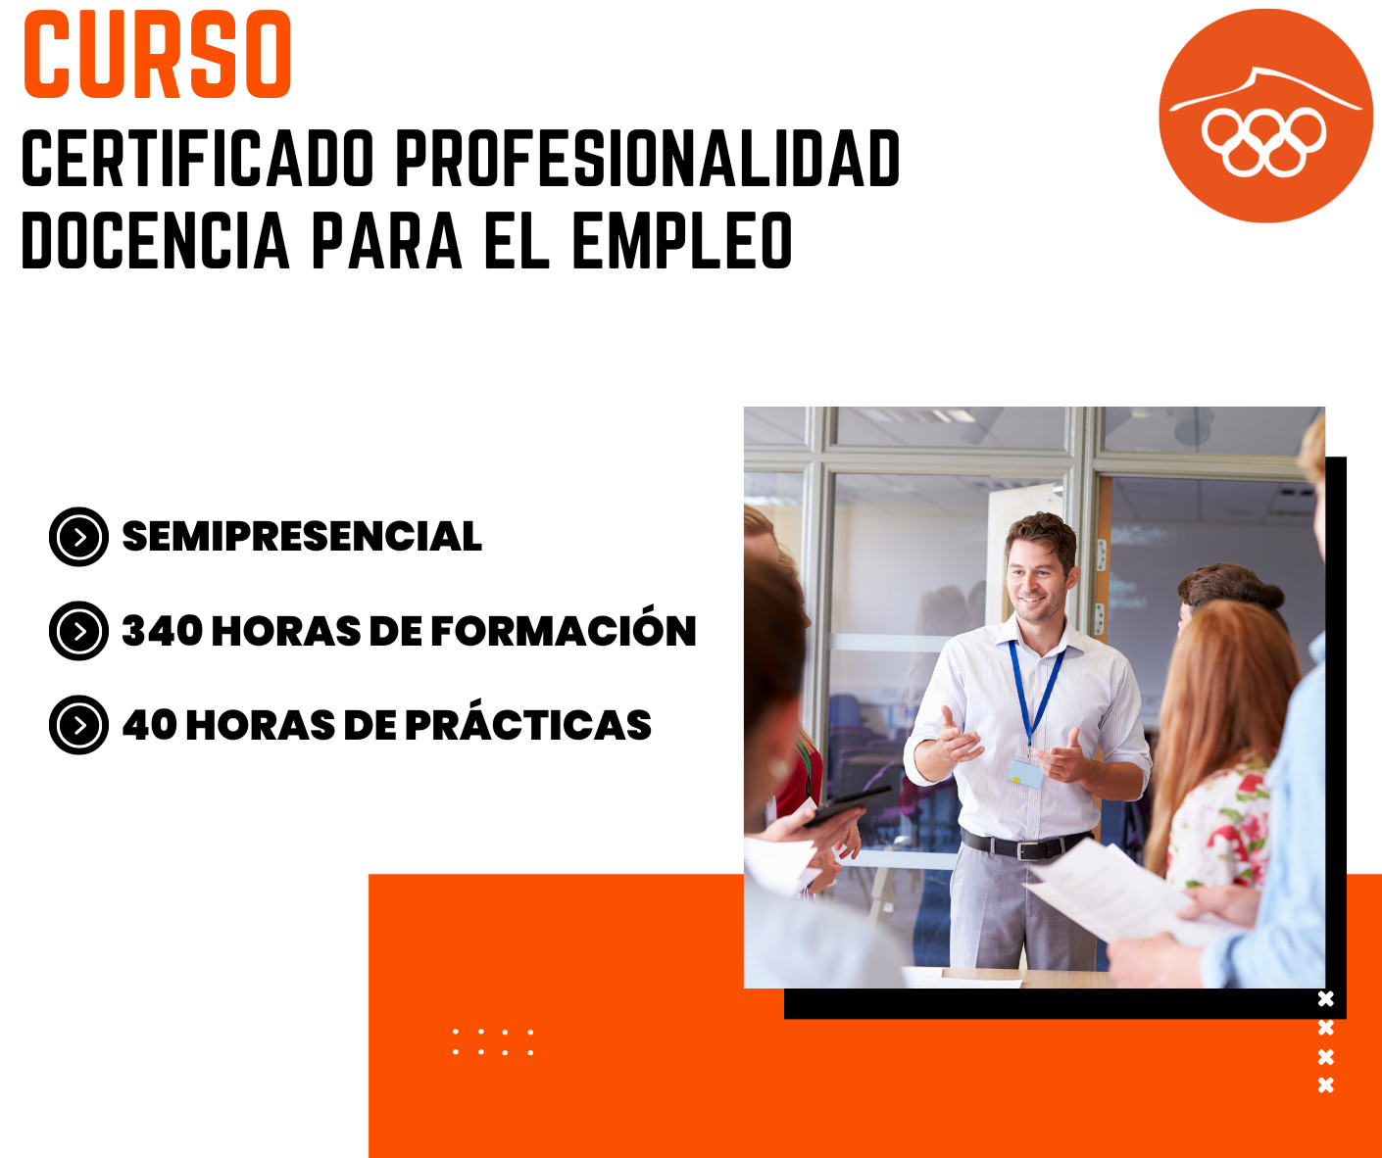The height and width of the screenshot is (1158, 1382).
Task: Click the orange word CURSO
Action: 158,54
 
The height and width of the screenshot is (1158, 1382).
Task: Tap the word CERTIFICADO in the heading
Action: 198,158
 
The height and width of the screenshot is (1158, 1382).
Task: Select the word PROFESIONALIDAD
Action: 648,158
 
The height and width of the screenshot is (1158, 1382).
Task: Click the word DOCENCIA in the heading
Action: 156,240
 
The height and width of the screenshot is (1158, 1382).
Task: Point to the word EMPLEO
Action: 682,240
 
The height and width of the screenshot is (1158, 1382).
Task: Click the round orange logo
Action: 1265,116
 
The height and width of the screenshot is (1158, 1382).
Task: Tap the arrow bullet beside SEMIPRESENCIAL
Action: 78,537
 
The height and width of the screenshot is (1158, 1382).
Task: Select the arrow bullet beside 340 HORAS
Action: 78,631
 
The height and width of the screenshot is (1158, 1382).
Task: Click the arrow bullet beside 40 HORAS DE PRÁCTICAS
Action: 78,725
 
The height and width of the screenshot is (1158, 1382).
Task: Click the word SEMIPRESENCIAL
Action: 302,536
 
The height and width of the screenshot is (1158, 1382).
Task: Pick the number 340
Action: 162,631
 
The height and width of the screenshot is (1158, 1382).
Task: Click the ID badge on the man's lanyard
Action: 1025,773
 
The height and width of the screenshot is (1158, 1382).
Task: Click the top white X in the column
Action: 1326,998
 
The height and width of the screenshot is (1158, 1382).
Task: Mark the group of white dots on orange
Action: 493,1041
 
